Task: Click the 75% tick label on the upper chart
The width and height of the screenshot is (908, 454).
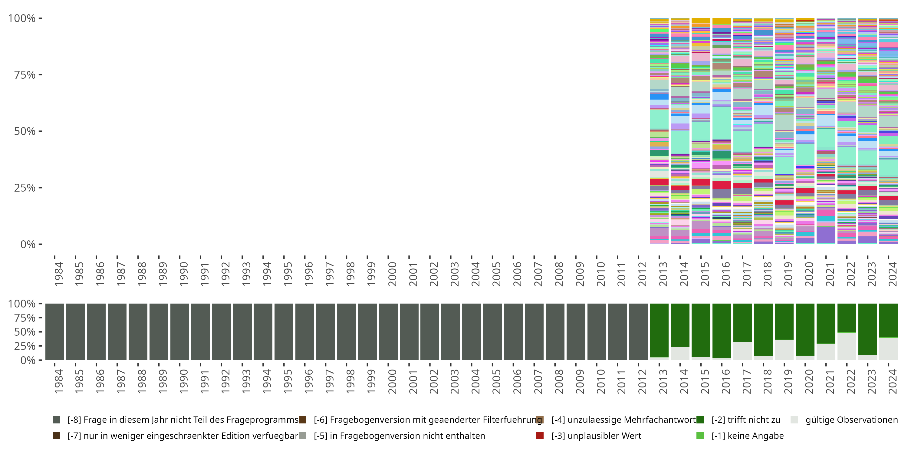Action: (x=24, y=75)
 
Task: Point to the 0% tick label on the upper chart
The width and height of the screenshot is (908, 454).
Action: (x=28, y=244)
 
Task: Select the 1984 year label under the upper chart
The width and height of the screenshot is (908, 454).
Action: (x=58, y=274)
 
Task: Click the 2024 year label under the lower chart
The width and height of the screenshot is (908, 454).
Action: (x=893, y=381)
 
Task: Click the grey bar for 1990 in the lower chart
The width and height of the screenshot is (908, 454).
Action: (x=180, y=332)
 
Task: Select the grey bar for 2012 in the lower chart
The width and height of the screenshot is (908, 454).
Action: (x=638, y=332)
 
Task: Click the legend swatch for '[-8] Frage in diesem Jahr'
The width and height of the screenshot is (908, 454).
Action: (x=56, y=420)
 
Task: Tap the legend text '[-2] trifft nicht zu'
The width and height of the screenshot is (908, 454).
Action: (x=746, y=420)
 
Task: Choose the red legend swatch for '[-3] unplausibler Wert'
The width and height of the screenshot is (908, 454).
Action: (x=540, y=436)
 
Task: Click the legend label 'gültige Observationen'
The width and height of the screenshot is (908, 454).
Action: (x=852, y=420)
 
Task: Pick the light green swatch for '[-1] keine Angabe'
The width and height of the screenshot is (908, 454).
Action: (x=700, y=436)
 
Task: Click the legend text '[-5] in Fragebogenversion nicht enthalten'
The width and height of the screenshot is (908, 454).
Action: (x=399, y=436)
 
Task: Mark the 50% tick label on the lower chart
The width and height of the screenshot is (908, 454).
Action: (x=21, y=332)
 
